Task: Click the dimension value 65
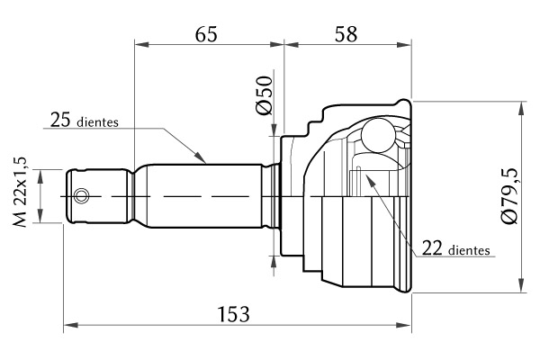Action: click(x=206, y=34)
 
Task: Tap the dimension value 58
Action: click(x=346, y=34)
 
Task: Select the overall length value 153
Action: click(x=234, y=314)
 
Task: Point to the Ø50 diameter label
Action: click(x=264, y=95)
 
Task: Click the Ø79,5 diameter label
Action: click(x=509, y=196)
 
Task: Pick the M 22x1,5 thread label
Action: click(x=20, y=192)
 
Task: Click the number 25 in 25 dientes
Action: click(x=60, y=120)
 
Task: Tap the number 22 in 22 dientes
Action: click(x=432, y=247)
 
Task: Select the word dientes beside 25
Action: click(x=98, y=122)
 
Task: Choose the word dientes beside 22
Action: click(x=470, y=250)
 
